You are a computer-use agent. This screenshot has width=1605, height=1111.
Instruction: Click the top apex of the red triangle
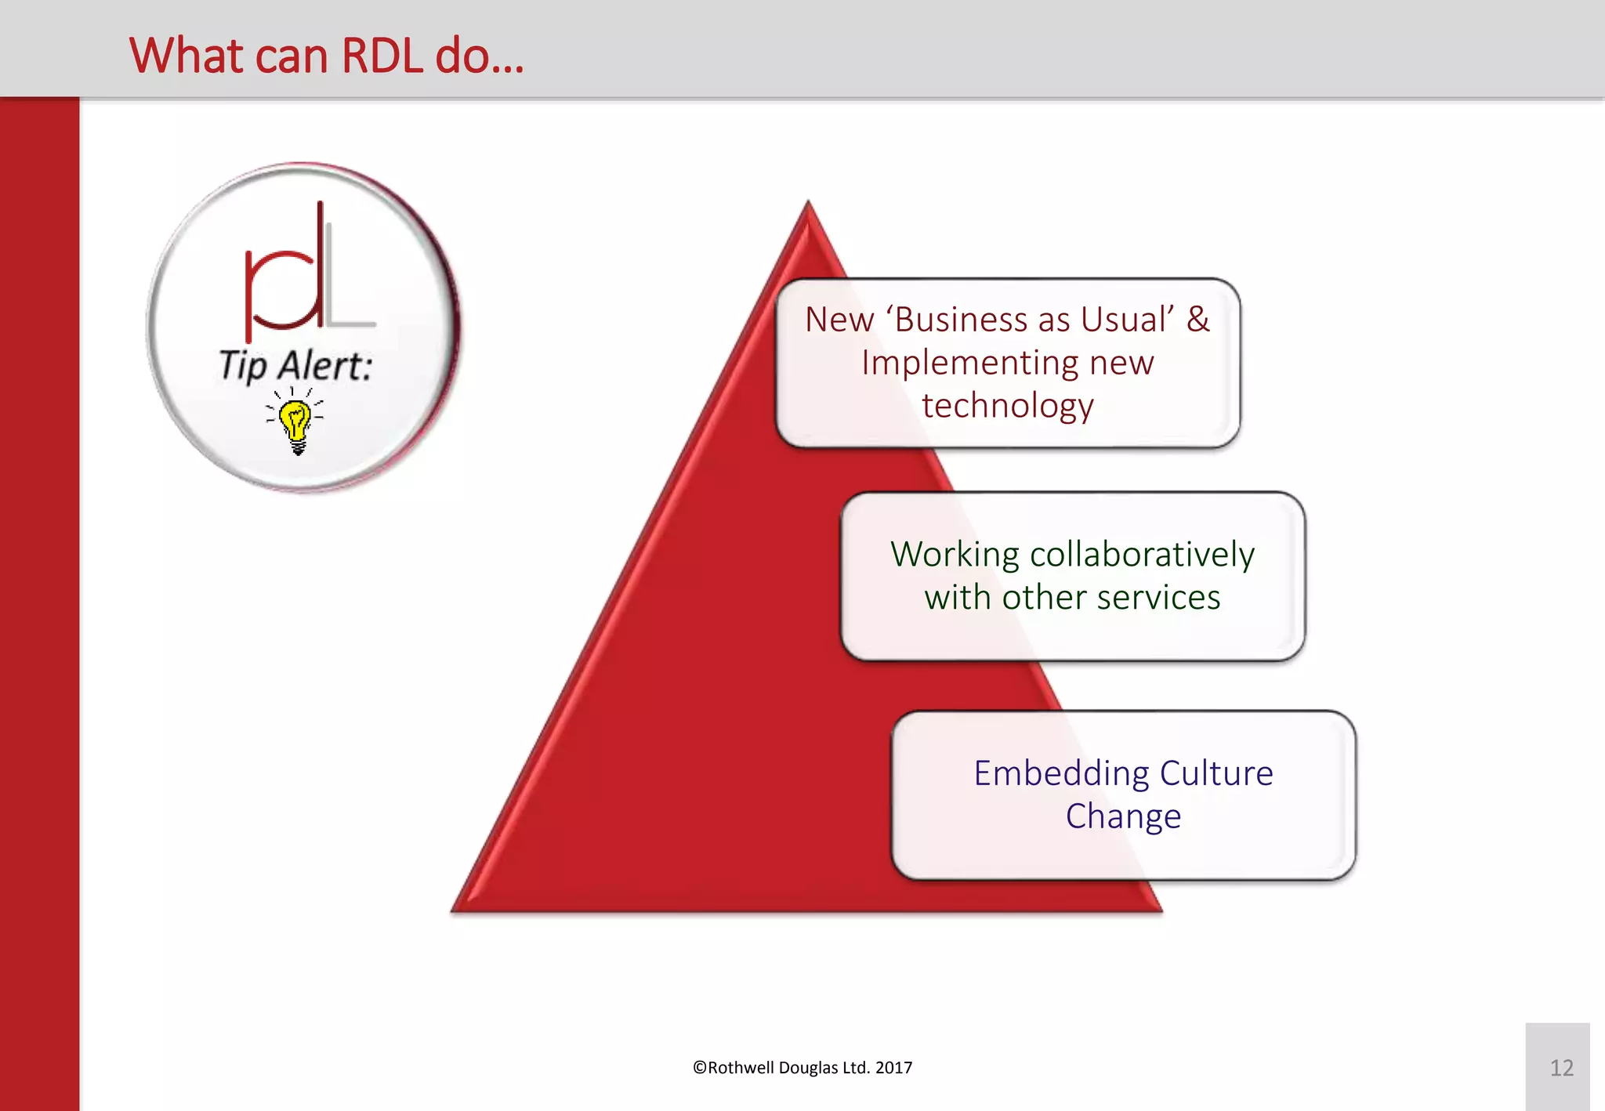pyautogui.click(x=808, y=205)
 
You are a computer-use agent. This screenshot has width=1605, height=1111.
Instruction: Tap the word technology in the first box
pyautogui.click(x=1007, y=406)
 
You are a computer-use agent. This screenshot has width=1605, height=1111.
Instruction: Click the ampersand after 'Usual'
pyautogui.click(x=1197, y=320)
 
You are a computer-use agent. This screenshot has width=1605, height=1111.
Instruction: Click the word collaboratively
pyautogui.click(x=1142, y=555)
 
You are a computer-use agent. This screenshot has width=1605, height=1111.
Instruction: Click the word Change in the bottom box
pyautogui.click(x=1123, y=816)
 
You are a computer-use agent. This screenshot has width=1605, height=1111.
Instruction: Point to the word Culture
pyautogui.click(x=1216, y=774)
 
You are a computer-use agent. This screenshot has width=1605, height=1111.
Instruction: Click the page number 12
pyautogui.click(x=1561, y=1068)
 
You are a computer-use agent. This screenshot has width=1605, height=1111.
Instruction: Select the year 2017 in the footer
pyautogui.click(x=893, y=1068)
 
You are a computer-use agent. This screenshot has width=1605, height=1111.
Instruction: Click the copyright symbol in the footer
pyautogui.click(x=699, y=1068)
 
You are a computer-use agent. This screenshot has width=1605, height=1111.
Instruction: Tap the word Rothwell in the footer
pyautogui.click(x=741, y=1068)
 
